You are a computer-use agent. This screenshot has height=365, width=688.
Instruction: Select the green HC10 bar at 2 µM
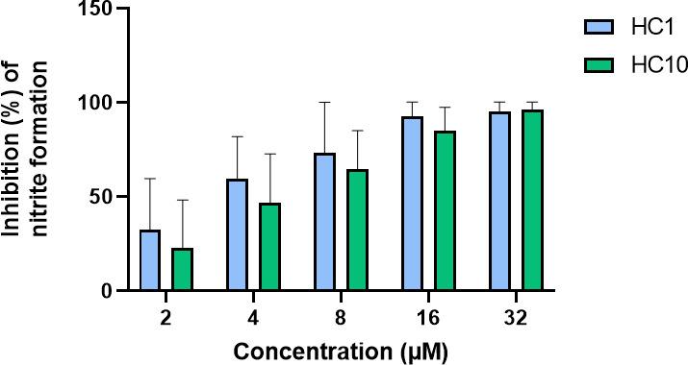point(181,269)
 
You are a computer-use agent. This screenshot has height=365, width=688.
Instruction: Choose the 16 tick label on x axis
point(428,316)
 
